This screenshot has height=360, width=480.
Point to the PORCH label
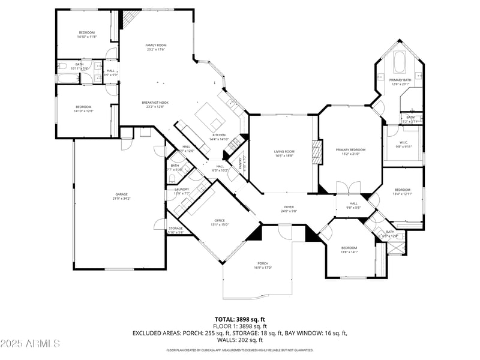tap(263, 265)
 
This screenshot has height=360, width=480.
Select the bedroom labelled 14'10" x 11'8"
tap(86, 34)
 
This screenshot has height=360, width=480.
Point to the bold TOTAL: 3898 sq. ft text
tap(240, 319)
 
